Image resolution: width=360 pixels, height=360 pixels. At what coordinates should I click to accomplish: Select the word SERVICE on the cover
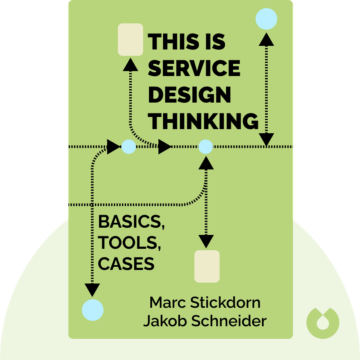point(194,68)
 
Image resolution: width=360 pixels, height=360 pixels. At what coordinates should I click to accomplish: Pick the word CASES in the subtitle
point(126,264)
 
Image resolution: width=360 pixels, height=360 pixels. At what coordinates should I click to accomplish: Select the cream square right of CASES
point(207,266)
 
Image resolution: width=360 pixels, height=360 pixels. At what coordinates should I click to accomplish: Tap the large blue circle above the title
point(266,19)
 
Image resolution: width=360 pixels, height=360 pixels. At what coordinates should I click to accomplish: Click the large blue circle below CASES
point(93,310)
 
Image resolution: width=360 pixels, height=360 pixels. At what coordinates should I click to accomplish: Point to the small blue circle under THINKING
point(205,147)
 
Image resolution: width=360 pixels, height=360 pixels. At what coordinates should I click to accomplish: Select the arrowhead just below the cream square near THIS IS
point(130,66)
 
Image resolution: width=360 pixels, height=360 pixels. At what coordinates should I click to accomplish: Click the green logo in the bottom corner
point(323,322)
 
